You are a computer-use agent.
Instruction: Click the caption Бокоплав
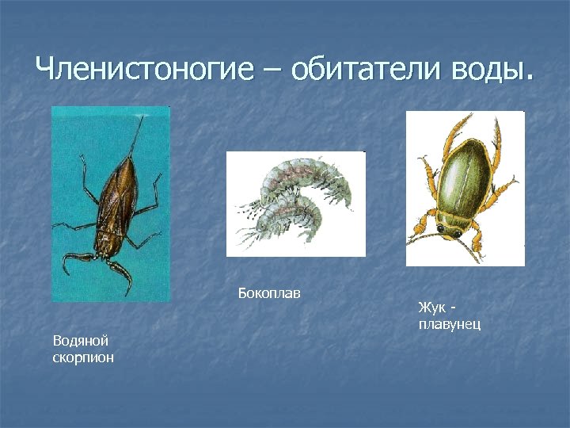269,294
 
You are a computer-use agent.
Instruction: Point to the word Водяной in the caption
80,341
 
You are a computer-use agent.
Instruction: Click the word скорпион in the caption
83,357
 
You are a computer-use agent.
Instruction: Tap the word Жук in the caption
431,307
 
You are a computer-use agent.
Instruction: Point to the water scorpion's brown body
116,198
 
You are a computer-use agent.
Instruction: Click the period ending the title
529,79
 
